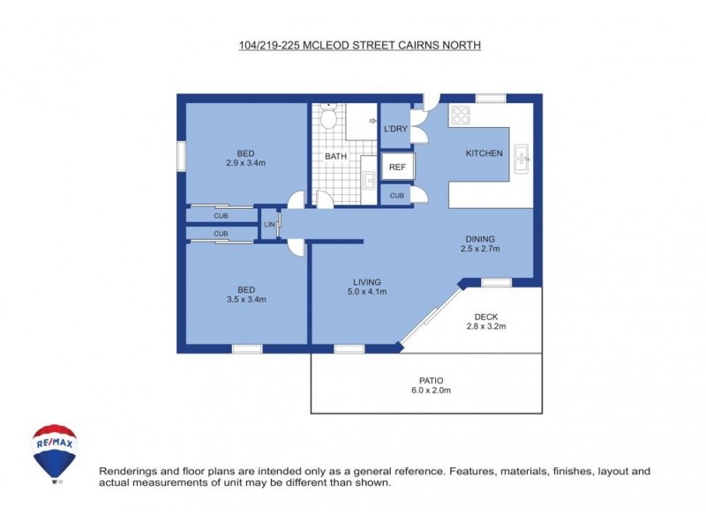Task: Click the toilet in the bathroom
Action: [x=328, y=117]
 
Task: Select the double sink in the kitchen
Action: [x=522, y=158]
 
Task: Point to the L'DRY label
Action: [x=394, y=129]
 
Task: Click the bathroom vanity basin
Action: [x=369, y=182]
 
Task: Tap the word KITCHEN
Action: [x=484, y=153]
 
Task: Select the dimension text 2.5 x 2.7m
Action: [x=481, y=250]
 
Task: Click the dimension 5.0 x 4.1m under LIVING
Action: [x=367, y=292]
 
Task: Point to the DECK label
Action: [x=486, y=317]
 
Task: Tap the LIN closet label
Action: [x=269, y=225]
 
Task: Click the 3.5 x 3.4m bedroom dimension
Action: [x=245, y=300]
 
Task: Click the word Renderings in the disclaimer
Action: [x=127, y=472]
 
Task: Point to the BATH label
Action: [x=335, y=157]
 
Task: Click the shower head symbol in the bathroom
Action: [x=374, y=121]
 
